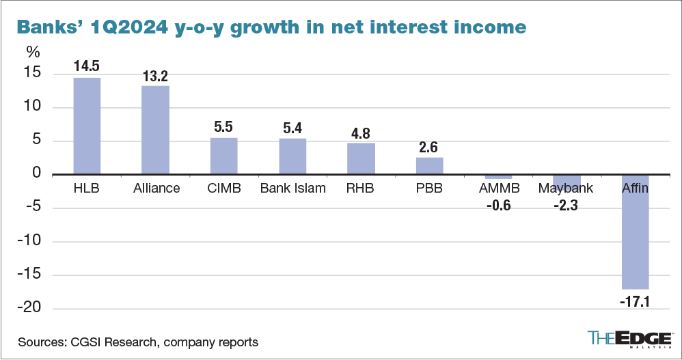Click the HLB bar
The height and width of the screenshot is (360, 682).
tap(87, 126)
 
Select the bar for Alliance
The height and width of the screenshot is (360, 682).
tap(155, 130)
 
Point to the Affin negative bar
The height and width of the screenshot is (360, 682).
tap(635, 232)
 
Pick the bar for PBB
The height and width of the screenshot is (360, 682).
tap(430, 166)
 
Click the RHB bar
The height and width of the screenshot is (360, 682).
tap(361, 158)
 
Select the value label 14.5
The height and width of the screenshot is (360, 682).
tap(87, 68)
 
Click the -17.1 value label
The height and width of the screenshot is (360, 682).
tap(635, 300)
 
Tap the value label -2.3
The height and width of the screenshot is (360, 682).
tap(566, 204)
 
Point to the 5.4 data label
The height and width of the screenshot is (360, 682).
tap(292, 128)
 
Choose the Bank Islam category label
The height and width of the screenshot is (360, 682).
tap(292, 188)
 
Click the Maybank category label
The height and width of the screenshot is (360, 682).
tap(566, 188)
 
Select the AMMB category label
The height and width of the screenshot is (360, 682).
tap(497, 188)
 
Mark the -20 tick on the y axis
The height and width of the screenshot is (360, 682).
tap(33, 309)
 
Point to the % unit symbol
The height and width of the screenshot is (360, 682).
tap(33, 52)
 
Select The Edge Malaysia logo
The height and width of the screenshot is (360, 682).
tap(628, 339)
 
